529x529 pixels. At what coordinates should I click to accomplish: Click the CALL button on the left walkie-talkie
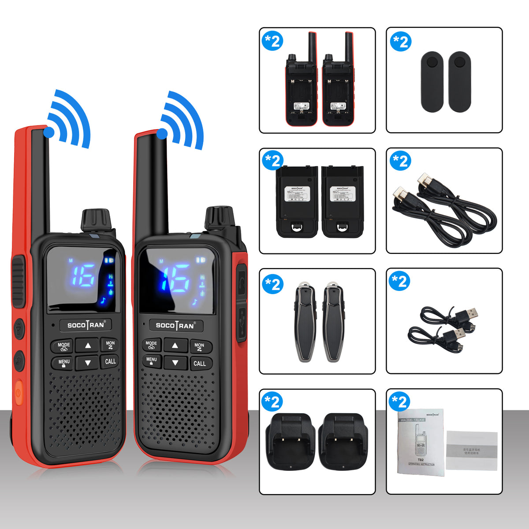tap(110, 361)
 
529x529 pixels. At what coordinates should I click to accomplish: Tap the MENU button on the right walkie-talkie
tap(152, 361)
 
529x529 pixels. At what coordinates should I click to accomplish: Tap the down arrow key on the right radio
tap(175, 363)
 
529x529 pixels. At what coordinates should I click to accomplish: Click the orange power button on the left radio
tap(19, 391)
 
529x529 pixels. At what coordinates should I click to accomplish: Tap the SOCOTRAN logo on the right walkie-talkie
tap(175, 326)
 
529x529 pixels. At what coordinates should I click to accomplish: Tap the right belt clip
tap(459, 82)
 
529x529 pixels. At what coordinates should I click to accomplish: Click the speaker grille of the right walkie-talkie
tap(176, 406)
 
